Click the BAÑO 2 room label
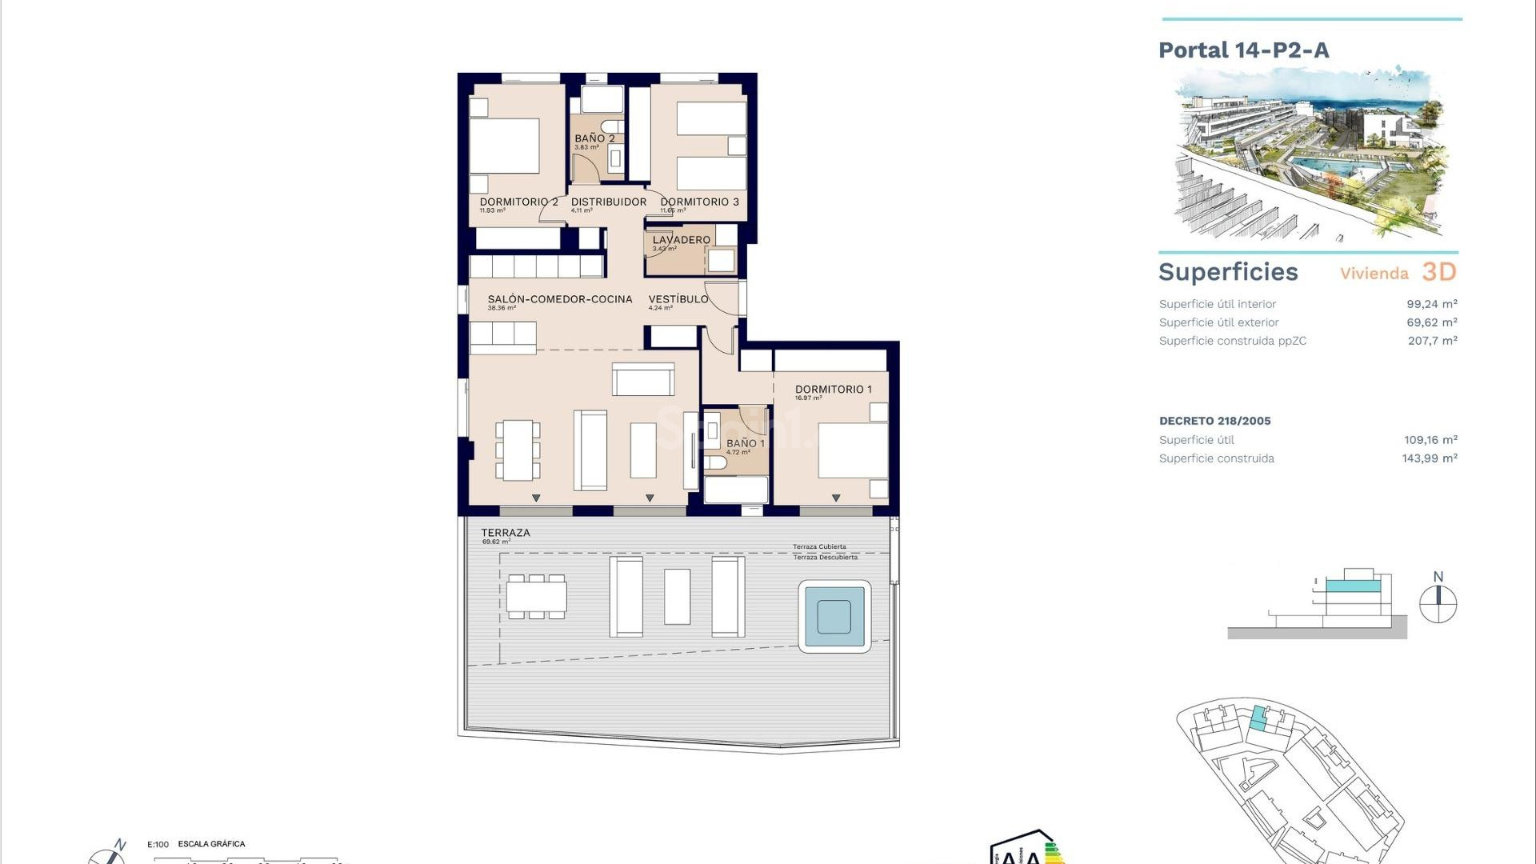coord(594,138)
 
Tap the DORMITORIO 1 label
coord(833,390)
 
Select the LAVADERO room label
coord(681,240)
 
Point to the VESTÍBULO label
coord(678,299)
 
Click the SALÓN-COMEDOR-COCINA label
coord(559,299)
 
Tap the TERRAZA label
coord(505,533)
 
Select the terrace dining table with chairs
coord(536,596)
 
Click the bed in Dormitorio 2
coord(504,146)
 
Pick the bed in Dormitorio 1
coord(852,450)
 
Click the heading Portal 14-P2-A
coord(1243,50)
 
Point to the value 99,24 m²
coord(1431,304)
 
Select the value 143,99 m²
coord(1429,458)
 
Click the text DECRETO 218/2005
coord(1214,421)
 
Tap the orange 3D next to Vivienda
coord(1438,272)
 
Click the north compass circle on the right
coord(1438,604)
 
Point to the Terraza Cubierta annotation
coord(819,547)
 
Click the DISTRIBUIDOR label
coord(608,202)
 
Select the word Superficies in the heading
coord(1228,272)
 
